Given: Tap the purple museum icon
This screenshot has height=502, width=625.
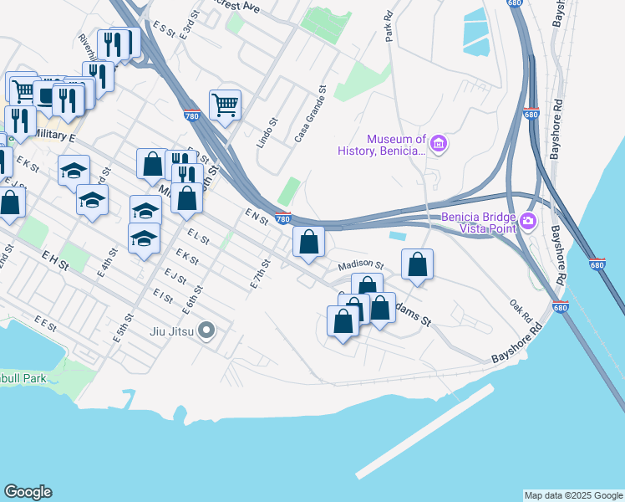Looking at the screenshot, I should (x=439, y=145).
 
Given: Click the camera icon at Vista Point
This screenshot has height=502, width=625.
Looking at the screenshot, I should (x=527, y=222).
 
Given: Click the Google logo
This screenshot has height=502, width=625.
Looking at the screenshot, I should (x=28, y=492).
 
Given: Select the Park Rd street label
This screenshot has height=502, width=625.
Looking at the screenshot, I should (x=389, y=28).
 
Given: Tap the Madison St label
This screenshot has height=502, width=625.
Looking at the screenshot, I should (x=359, y=265).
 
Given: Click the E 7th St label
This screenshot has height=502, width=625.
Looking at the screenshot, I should (x=261, y=274).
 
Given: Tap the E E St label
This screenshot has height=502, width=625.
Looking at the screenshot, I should (x=44, y=320).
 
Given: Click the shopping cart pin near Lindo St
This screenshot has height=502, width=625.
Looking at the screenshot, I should (x=225, y=105).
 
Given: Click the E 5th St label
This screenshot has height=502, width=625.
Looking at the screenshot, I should (x=123, y=328).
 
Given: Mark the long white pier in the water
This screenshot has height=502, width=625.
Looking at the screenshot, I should (x=424, y=431).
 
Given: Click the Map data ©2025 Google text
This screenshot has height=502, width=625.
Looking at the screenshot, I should (x=573, y=495).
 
